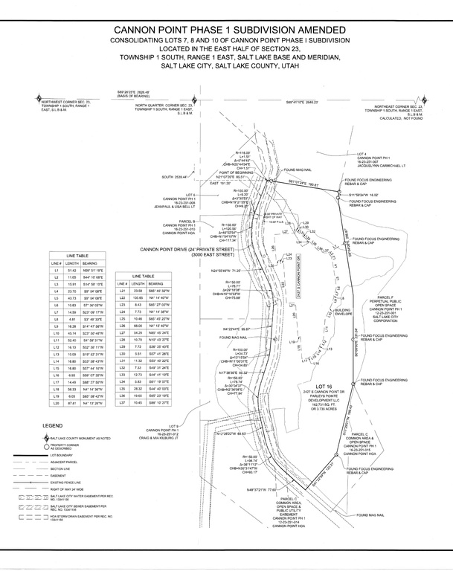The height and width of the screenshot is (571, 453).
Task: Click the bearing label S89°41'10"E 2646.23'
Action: pyautogui.click(x=302, y=102)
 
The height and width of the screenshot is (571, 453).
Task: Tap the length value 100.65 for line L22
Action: pyautogui.click(x=157, y=297)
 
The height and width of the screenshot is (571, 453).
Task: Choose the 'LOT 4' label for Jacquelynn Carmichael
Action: pyautogui.click(x=363, y=154)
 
